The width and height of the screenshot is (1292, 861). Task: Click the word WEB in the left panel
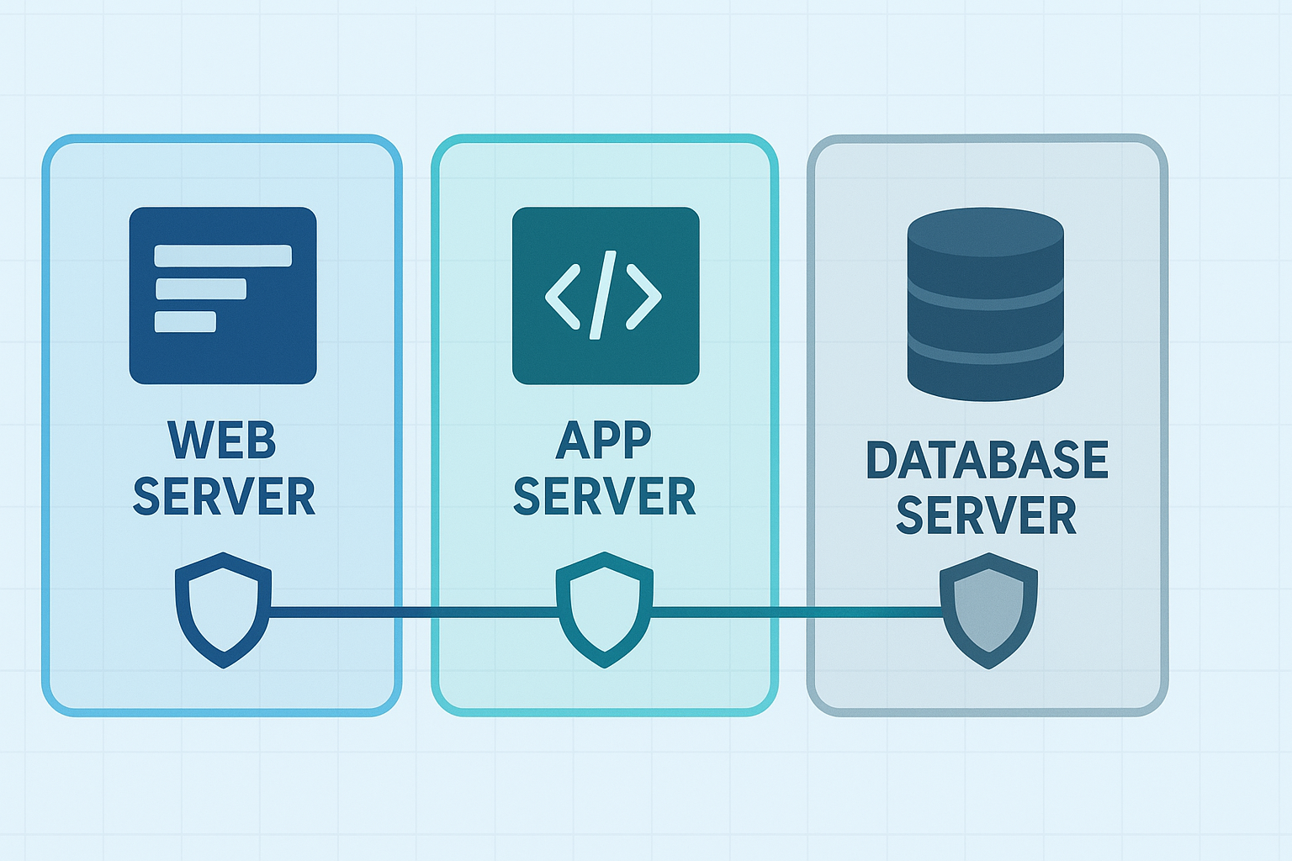point(222,441)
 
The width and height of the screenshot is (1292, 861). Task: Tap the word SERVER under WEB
point(224,496)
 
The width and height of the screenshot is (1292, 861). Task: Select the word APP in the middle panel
point(604,440)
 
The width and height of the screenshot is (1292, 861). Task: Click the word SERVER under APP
point(604,496)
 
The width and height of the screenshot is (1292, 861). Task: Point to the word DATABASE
point(987,460)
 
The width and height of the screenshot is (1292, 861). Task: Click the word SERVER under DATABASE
point(987,515)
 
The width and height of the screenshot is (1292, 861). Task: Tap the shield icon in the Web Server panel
point(223,610)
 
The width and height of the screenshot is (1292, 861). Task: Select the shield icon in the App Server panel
point(604,610)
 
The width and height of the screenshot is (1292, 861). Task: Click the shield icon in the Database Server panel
point(988,610)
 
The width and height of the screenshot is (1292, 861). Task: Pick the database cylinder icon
point(986,320)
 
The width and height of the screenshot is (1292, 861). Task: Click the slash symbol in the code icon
point(603,295)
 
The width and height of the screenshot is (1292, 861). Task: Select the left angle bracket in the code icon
point(563,296)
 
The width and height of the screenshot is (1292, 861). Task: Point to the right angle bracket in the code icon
point(644,296)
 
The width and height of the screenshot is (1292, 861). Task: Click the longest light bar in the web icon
point(223,256)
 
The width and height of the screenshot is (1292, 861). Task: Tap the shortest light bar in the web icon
point(185,322)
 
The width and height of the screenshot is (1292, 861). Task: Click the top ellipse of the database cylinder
point(986,230)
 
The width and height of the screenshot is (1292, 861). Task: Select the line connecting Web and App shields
point(412,612)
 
